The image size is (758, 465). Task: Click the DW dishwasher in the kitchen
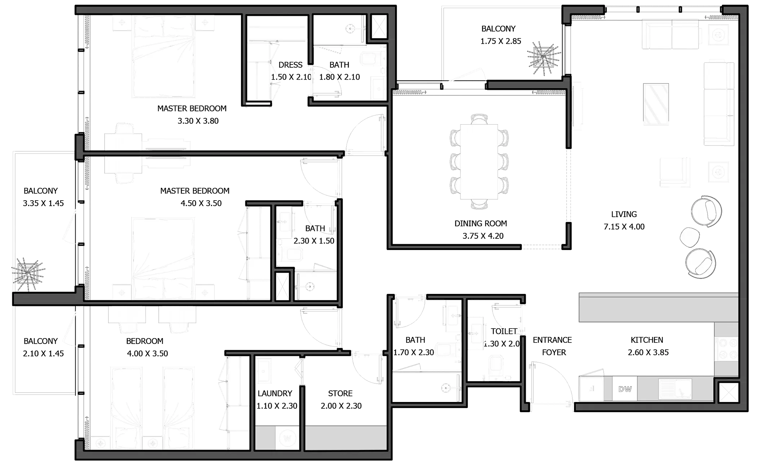[x=625, y=389]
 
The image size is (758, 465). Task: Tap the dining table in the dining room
[x=479, y=162]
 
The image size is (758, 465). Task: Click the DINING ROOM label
[x=481, y=224]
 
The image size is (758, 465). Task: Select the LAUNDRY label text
[x=275, y=393]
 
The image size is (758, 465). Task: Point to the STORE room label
[x=340, y=393]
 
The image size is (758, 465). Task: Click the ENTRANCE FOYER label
[x=552, y=346]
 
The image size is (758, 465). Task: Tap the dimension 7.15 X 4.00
[x=624, y=227]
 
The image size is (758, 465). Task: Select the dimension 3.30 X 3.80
[x=198, y=121]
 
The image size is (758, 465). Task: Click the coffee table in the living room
[x=656, y=104]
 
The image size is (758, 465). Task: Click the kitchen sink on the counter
[x=675, y=389]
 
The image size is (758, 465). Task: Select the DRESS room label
[x=290, y=65]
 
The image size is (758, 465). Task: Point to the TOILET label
[x=504, y=331]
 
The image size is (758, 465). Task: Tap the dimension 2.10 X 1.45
[x=43, y=354]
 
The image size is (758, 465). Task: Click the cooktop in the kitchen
[x=726, y=349]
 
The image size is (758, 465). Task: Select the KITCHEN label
[x=647, y=340]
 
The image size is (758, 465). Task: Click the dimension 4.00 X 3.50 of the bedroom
[x=147, y=354]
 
